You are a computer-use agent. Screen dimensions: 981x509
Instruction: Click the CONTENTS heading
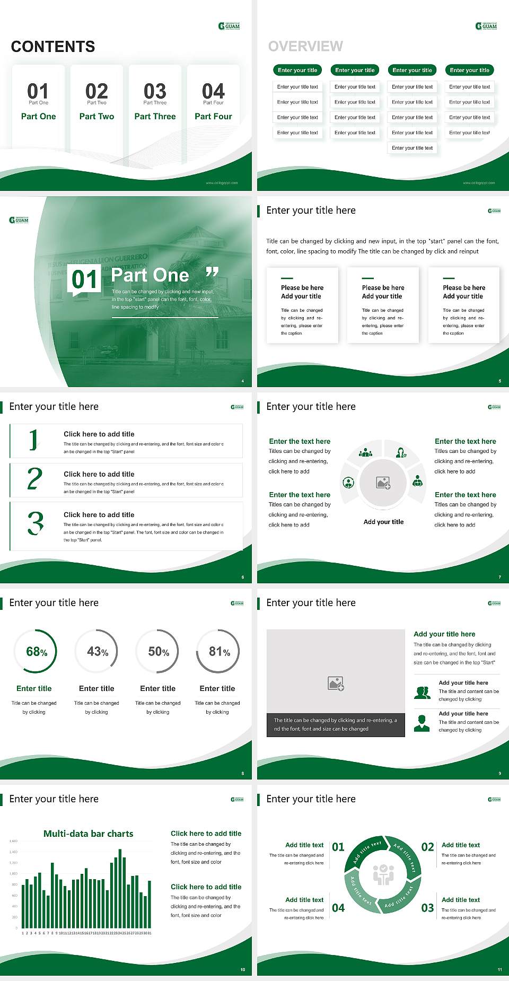point(53,47)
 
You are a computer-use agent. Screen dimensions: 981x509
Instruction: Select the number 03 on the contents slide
point(155,91)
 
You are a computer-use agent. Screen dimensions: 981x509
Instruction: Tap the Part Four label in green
point(213,117)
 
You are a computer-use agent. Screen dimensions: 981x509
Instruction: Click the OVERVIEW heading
point(305,47)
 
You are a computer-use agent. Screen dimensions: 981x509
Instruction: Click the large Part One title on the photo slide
point(150,275)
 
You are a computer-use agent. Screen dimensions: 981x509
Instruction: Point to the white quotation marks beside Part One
point(212,273)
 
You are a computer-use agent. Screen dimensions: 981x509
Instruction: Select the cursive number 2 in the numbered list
point(34,479)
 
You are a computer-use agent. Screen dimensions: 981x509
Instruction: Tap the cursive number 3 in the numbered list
point(36,523)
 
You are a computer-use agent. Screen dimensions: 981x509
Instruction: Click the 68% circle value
point(37,652)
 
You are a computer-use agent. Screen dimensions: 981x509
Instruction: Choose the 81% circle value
point(219,652)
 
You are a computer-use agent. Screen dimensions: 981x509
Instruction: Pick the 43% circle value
point(98,652)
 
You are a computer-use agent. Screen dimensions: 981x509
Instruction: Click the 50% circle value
point(159,652)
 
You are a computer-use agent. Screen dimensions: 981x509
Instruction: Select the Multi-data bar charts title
point(89,834)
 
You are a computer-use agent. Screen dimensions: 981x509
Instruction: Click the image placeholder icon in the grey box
point(336,684)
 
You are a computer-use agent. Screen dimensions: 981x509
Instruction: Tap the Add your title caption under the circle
point(383,522)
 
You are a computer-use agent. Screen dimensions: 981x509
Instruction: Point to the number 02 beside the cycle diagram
point(427,847)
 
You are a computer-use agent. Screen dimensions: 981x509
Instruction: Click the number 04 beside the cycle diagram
point(338,908)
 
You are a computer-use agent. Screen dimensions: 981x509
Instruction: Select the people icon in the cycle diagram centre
point(383,874)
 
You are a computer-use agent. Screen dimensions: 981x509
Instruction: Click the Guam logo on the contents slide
point(229,26)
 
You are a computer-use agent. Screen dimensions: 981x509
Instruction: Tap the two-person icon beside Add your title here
point(422,693)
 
